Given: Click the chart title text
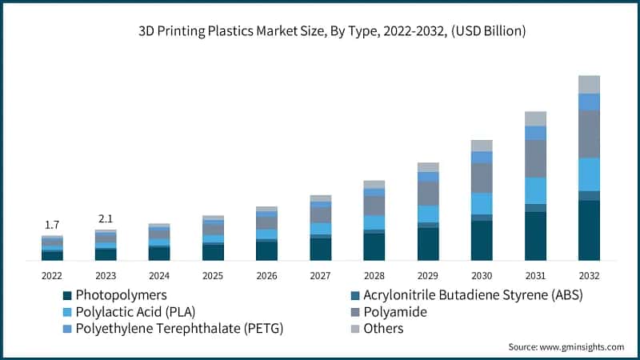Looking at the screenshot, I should tap(320, 31).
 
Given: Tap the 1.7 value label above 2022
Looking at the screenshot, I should tap(52, 225).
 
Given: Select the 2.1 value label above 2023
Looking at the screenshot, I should tap(106, 218).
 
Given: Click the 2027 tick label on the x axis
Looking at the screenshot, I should tap(320, 275).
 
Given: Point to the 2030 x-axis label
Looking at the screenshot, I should tap(482, 275).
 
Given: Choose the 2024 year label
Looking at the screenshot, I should tap(159, 275).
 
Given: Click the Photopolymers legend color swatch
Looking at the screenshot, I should tap(67, 295).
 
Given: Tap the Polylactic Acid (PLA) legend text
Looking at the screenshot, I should tap(136, 312).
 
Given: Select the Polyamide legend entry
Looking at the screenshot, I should tap(395, 312).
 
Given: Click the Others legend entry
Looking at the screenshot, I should tap(383, 329).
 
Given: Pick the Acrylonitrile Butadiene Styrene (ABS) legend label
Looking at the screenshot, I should tap(473, 295).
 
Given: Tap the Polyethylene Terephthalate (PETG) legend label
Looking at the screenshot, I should tap(179, 329).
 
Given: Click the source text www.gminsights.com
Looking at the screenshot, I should tap(566, 346).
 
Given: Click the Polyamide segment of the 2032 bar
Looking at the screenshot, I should tap(589, 134).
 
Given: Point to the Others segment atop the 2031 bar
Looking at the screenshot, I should tap(535, 118).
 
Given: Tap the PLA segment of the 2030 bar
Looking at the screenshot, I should tap(482, 203).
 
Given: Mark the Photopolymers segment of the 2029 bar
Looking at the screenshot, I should tap(428, 244).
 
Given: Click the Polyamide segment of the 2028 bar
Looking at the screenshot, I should tap(374, 206).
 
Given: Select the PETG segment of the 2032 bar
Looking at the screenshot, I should tap(589, 102).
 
